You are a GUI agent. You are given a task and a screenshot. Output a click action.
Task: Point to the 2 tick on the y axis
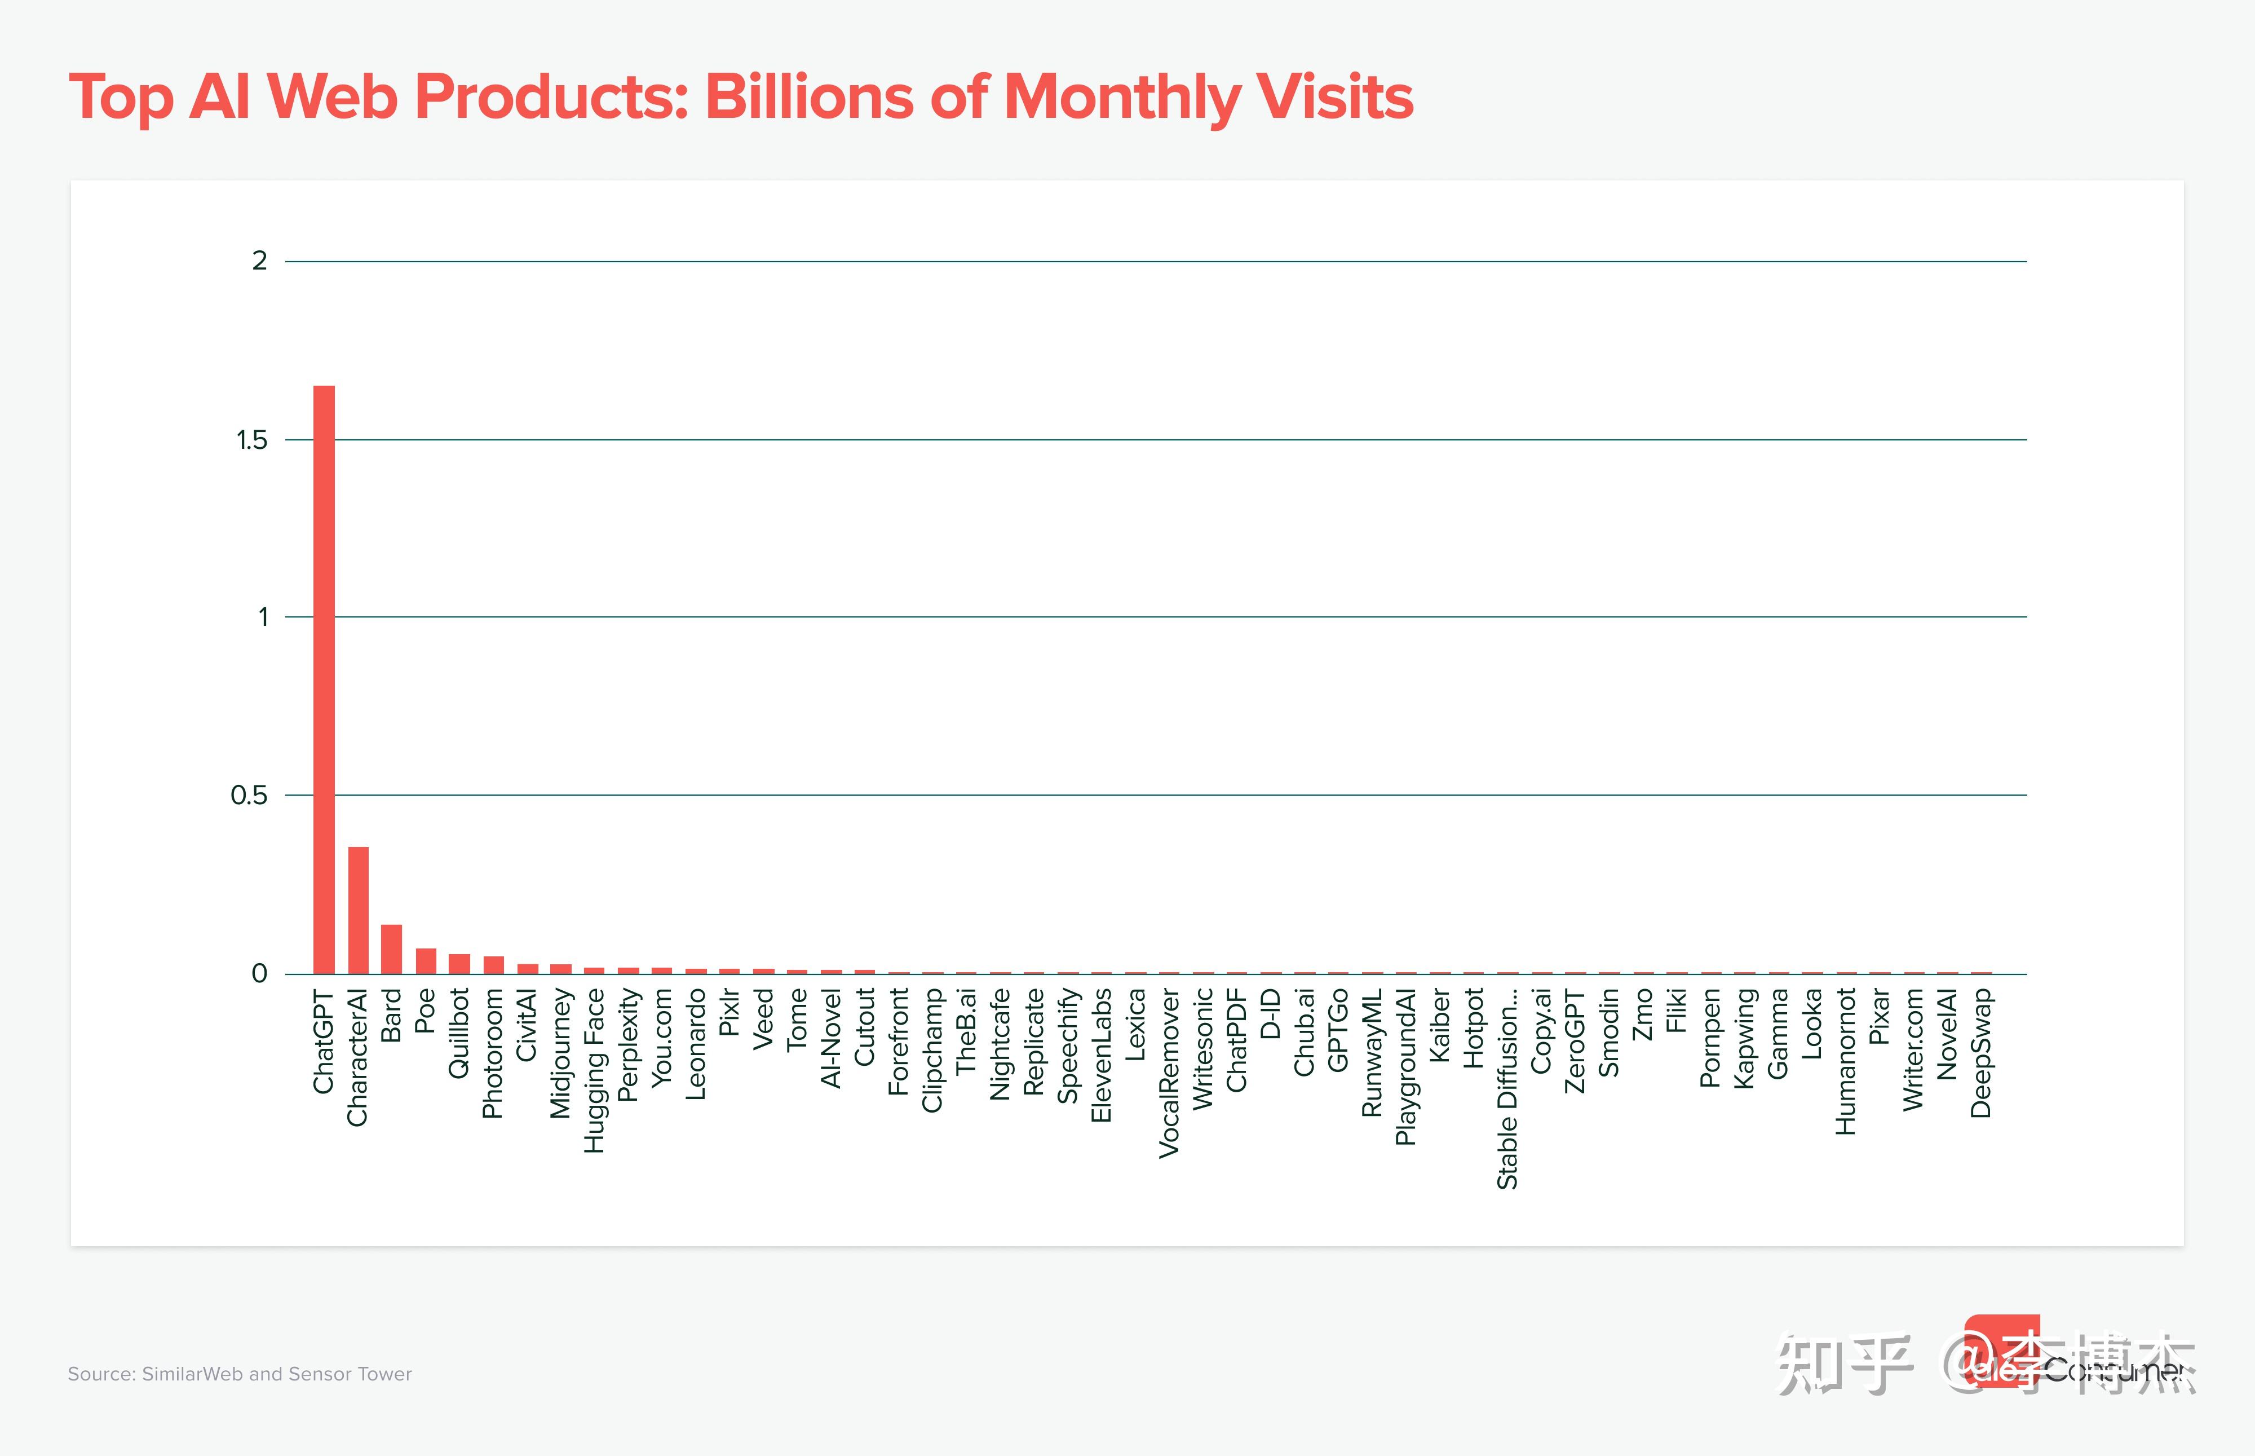[x=260, y=261]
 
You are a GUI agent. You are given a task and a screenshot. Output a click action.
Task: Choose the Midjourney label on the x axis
[x=560, y=1053]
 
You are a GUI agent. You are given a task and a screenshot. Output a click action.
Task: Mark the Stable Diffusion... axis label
[x=1507, y=1088]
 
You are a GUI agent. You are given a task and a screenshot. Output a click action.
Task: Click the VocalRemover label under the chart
[x=1169, y=1073]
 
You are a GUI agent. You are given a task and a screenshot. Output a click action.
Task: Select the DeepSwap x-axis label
[x=1981, y=1053]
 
